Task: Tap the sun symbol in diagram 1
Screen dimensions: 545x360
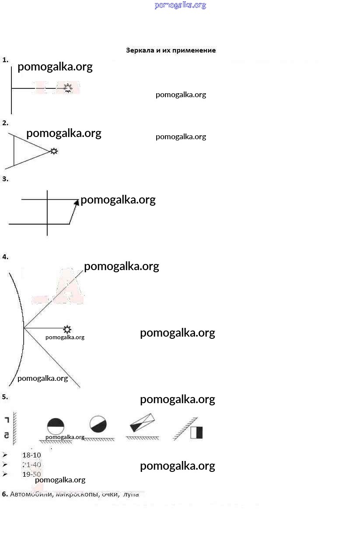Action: tap(68, 88)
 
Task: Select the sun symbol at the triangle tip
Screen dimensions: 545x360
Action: tap(54, 151)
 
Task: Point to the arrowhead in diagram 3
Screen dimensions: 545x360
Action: tap(77, 202)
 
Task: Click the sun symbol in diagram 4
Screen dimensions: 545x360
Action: tap(67, 329)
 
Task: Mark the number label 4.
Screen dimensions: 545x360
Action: tap(5, 257)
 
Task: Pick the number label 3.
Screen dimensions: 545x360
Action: tap(5, 179)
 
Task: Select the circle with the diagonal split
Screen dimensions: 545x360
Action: tap(98, 424)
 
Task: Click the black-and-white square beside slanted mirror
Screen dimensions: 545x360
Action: tap(196, 432)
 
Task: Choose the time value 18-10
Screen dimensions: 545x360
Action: tap(31, 455)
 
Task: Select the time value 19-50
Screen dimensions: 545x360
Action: tap(31, 474)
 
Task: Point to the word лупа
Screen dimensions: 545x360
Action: tap(131, 494)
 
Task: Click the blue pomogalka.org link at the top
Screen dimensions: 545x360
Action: tap(180, 5)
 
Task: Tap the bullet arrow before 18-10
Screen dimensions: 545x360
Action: tap(4, 455)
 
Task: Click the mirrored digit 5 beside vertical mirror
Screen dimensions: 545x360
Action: tap(6, 435)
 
